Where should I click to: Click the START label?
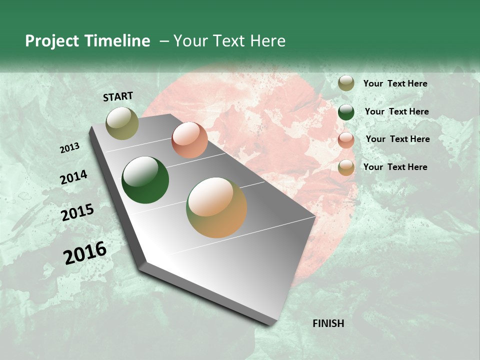(x=118, y=96)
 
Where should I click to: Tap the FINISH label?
(x=328, y=323)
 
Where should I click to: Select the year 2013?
(x=70, y=148)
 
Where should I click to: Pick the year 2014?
(x=74, y=177)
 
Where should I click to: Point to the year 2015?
(x=77, y=212)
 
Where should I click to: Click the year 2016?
(x=85, y=253)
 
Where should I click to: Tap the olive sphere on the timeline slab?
(x=122, y=123)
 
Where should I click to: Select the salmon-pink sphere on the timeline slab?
(x=189, y=140)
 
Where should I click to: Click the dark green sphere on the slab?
(x=145, y=180)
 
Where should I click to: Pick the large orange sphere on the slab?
(x=216, y=207)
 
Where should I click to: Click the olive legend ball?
(x=346, y=83)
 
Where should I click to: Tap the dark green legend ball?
(x=346, y=112)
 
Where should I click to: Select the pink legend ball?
(x=346, y=140)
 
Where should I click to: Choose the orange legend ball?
(x=346, y=167)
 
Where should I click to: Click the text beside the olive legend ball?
(x=395, y=84)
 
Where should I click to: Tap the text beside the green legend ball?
(x=396, y=111)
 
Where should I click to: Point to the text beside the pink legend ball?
(x=397, y=139)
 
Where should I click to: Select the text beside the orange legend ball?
(x=395, y=167)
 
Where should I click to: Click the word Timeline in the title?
(x=117, y=41)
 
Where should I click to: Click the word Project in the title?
(x=51, y=41)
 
